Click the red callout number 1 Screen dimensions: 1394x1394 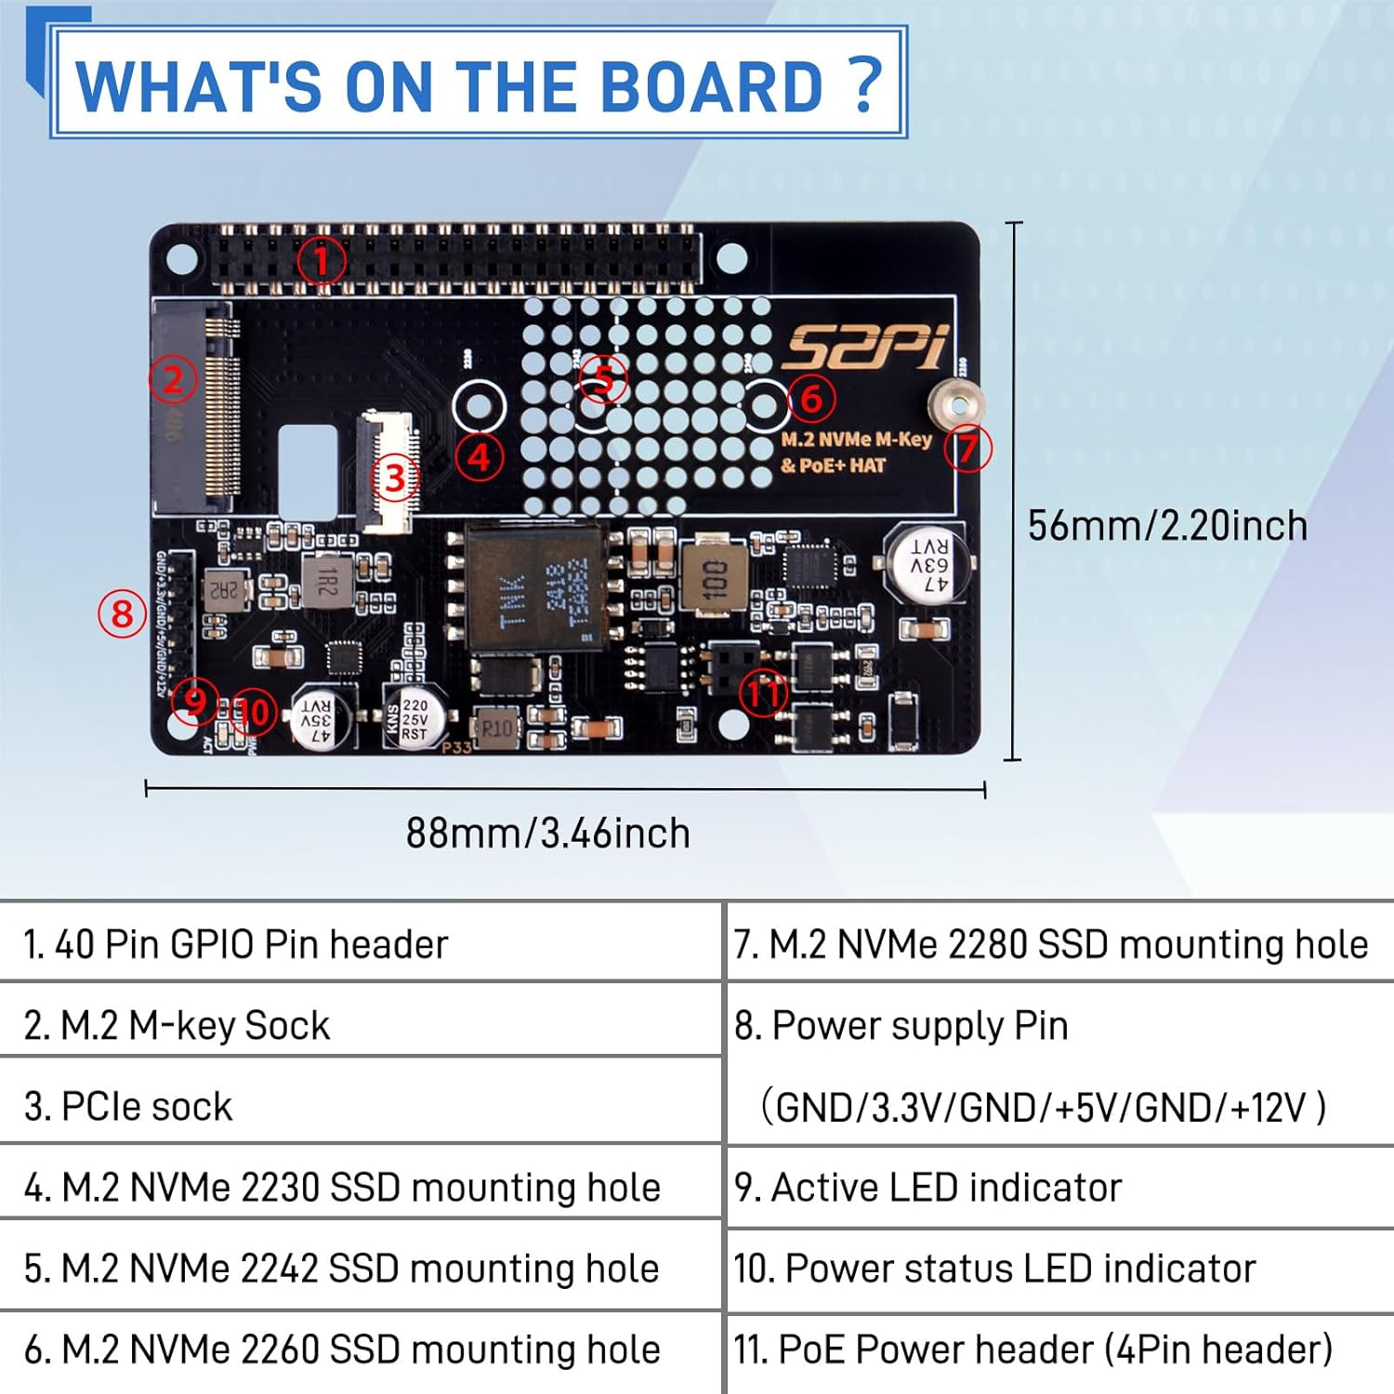pos(322,260)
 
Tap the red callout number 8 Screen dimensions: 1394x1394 pos(122,614)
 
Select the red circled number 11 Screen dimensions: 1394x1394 pos(763,693)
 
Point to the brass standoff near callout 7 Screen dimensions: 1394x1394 pos(955,405)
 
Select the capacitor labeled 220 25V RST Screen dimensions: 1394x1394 pos(414,718)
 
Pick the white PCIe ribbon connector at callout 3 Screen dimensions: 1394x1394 pos(388,471)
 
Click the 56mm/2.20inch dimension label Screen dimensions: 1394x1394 pos(1167,526)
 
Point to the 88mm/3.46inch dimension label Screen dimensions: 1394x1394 pos(548,834)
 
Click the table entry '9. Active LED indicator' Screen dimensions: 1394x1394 pos(927,1188)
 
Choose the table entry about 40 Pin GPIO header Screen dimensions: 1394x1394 pos(235,944)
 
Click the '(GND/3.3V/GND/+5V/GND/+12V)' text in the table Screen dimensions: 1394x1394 pos(1043,1108)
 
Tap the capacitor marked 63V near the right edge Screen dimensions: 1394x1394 pos(927,563)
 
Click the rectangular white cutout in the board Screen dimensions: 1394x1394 pos(308,472)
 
